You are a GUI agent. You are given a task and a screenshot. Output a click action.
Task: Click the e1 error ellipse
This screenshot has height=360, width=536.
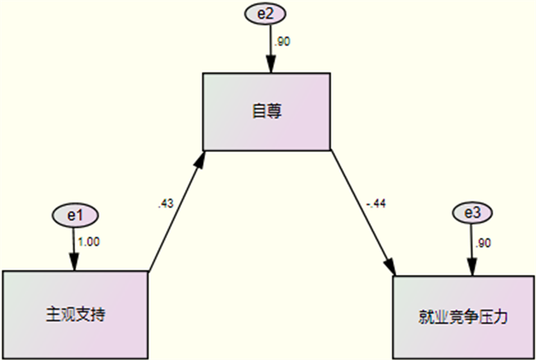click(73, 215)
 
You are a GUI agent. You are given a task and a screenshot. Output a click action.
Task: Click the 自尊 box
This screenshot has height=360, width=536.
click(267, 111)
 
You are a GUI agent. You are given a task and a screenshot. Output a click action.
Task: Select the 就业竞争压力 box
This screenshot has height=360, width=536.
click(464, 316)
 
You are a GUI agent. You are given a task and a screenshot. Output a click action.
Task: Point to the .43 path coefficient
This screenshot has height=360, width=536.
click(166, 203)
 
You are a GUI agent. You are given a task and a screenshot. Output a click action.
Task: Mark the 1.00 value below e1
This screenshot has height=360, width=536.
click(89, 241)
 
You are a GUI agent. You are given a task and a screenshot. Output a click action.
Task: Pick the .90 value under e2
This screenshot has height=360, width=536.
click(282, 42)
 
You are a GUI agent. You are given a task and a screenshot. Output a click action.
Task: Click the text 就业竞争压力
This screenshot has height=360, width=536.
click(464, 316)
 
